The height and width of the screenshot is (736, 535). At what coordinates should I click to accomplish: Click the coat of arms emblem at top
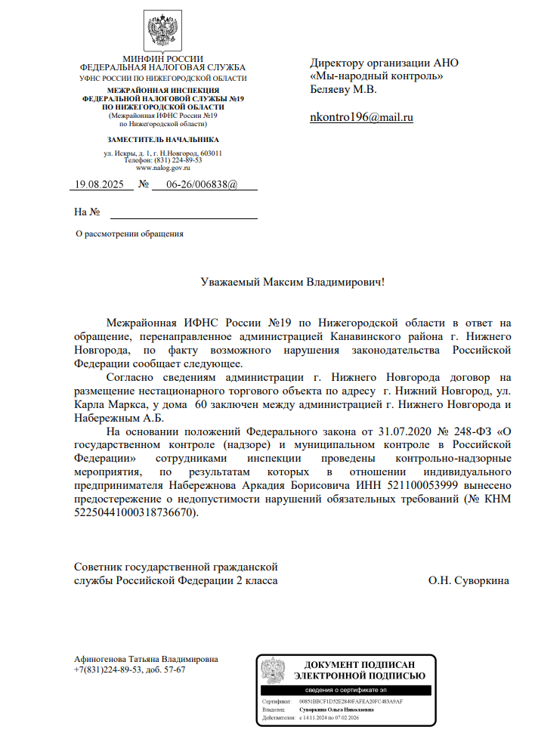(x=162, y=32)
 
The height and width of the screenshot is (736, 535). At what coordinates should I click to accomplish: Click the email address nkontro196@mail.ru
(x=362, y=118)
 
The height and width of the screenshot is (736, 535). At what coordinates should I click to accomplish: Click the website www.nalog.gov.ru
(x=162, y=168)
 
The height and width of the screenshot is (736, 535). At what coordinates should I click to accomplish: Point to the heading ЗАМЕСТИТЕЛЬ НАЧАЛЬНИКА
(x=162, y=140)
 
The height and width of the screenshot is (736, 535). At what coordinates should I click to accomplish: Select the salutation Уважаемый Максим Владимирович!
(x=292, y=283)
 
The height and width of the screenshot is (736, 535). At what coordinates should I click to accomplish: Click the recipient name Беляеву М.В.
(x=343, y=90)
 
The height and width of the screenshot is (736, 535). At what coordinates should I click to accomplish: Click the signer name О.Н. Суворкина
(x=469, y=580)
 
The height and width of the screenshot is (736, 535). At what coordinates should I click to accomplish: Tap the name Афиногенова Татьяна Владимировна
(x=146, y=659)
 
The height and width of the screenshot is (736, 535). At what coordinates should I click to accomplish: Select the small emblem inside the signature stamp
(x=273, y=671)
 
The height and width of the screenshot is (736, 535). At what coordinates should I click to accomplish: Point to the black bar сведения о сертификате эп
(x=346, y=691)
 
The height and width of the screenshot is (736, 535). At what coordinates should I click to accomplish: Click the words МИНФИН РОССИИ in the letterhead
(x=162, y=59)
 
